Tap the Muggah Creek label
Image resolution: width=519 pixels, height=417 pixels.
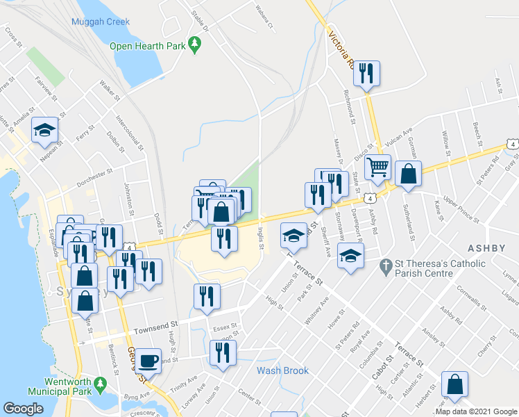click(x=100, y=22)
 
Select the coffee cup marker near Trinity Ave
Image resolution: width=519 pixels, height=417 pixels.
click(x=146, y=361)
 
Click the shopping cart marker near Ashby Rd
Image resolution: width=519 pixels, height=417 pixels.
click(x=377, y=167)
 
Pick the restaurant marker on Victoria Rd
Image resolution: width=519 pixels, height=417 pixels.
click(x=366, y=73)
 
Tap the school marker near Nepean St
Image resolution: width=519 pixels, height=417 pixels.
click(x=45, y=130)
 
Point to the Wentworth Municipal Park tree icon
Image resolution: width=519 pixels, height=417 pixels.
click(x=100, y=383)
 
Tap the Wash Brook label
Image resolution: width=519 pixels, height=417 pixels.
click(x=282, y=370)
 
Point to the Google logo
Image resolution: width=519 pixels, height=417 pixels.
click(x=24, y=409)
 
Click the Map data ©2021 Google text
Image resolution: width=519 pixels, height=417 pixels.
click(x=476, y=411)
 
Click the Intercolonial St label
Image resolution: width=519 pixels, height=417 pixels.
click(x=130, y=133)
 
